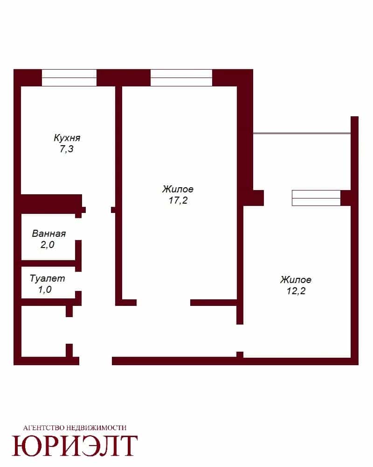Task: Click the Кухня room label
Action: tap(67, 138)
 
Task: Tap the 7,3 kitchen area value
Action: tap(66, 149)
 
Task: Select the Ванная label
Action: tap(49, 233)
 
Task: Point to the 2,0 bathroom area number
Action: tap(47, 245)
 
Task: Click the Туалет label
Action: tap(47, 278)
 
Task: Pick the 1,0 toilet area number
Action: tap(45, 290)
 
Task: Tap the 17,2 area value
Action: tap(178, 200)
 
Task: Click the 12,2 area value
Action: tap(296, 291)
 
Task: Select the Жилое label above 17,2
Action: tap(178, 189)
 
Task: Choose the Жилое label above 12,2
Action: tap(296, 280)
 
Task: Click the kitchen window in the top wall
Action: tap(69, 78)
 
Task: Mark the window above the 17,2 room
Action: tap(181, 78)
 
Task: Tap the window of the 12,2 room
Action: tap(316, 198)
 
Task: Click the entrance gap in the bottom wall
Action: tap(96, 361)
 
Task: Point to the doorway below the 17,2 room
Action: tap(163, 303)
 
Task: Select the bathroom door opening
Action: tap(78, 229)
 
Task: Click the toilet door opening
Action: tap(78, 282)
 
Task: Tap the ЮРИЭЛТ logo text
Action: tap(75, 446)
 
